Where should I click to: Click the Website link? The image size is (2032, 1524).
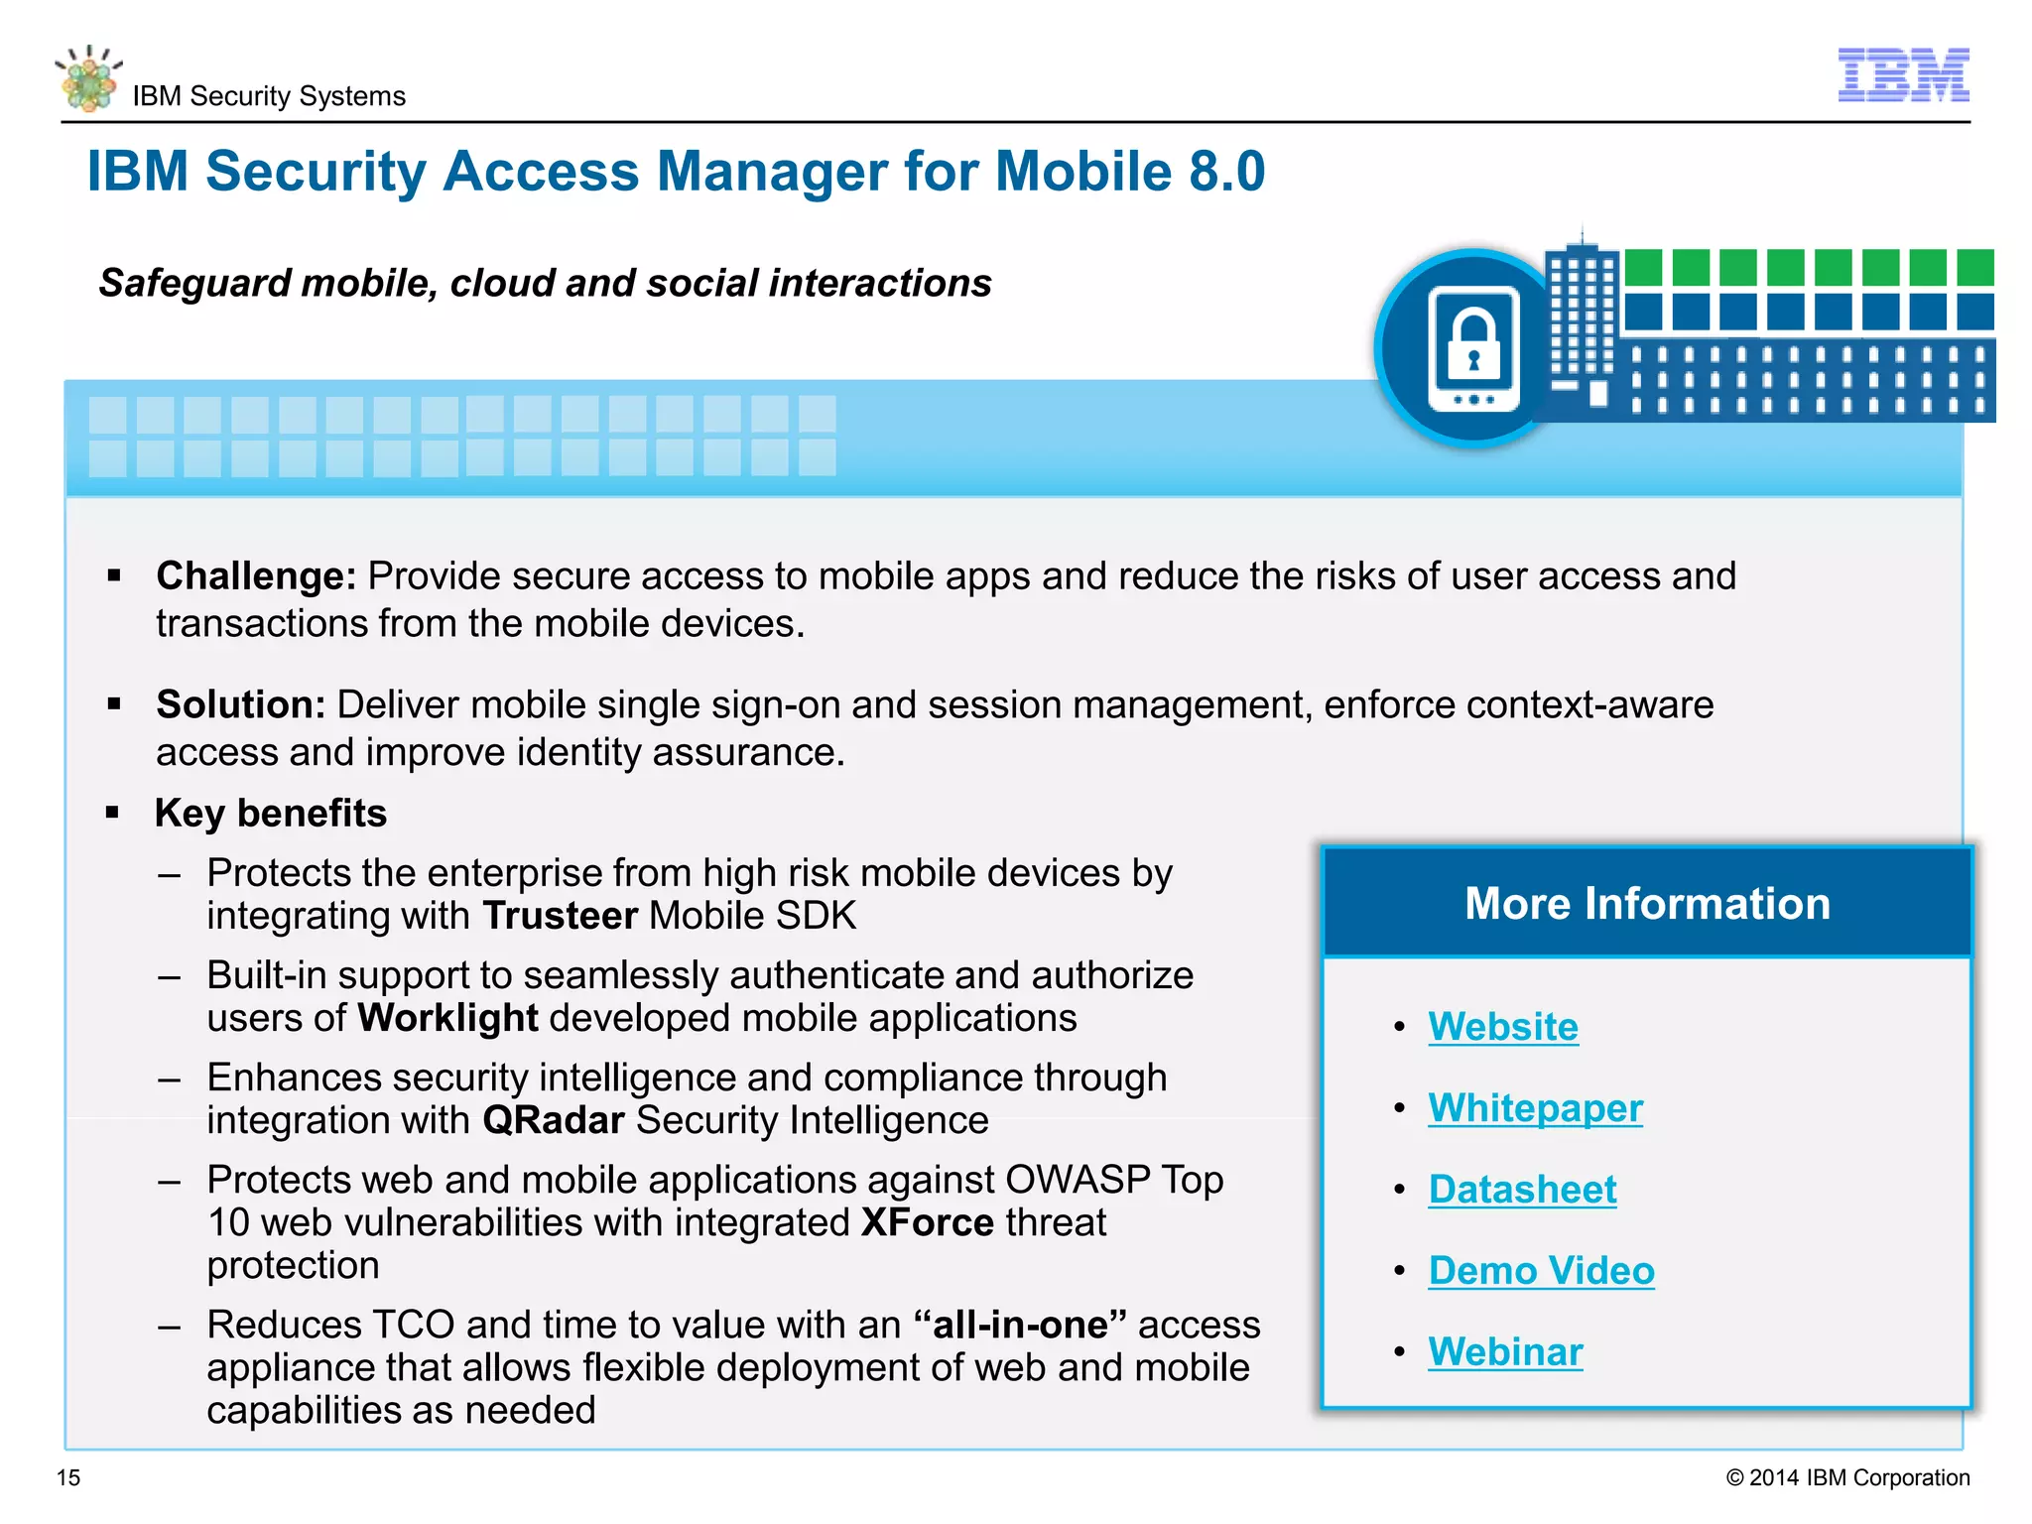(x=1502, y=1026)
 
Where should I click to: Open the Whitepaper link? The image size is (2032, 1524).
(x=1535, y=1107)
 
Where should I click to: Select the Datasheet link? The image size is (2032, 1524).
(x=1522, y=1189)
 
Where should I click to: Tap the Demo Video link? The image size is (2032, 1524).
(x=1541, y=1270)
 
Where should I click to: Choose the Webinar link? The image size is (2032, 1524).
(x=1505, y=1351)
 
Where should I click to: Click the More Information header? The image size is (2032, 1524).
(x=1647, y=903)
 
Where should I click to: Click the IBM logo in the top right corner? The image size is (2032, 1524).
(x=1903, y=74)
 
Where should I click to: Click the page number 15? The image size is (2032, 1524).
(x=68, y=1477)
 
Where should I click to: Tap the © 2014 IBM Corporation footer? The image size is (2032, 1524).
(x=1847, y=1477)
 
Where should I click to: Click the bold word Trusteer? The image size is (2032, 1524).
(x=560, y=915)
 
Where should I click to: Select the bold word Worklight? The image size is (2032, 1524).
(x=447, y=1018)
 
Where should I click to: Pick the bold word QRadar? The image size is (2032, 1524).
(x=553, y=1120)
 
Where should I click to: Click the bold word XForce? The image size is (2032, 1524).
(x=927, y=1222)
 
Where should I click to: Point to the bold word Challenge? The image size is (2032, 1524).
(x=256, y=575)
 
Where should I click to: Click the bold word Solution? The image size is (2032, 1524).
(x=241, y=704)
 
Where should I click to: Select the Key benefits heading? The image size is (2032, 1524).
(x=270, y=813)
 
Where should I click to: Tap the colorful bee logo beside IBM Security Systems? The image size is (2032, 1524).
(x=89, y=79)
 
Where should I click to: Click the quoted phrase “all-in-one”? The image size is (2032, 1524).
(x=1019, y=1325)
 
